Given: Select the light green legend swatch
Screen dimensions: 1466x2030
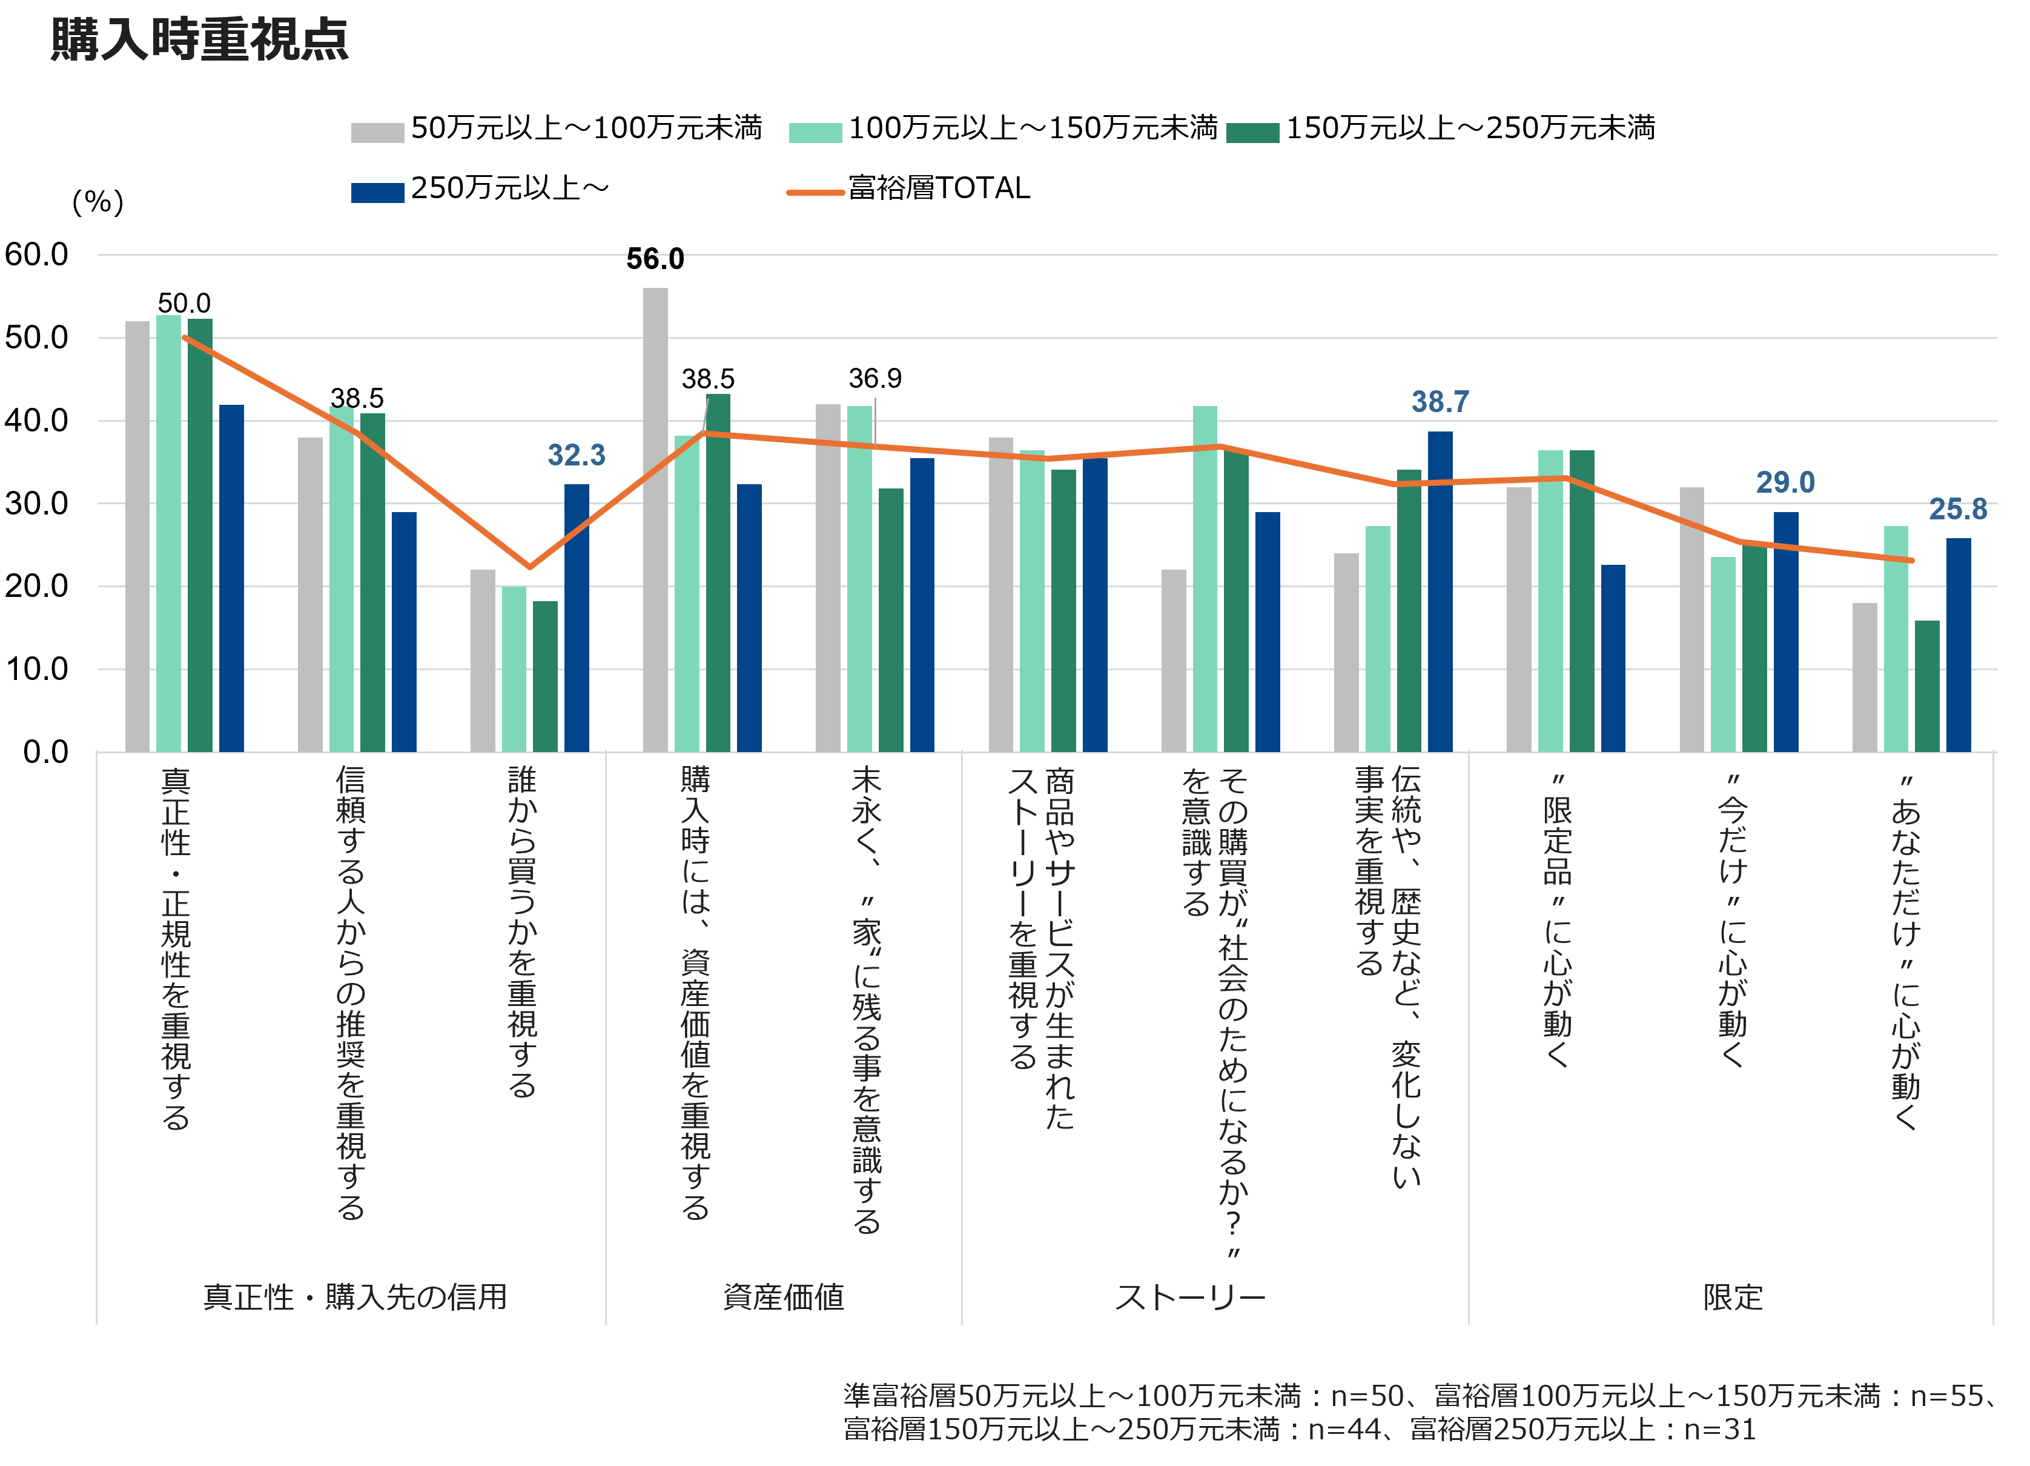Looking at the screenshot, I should [815, 133].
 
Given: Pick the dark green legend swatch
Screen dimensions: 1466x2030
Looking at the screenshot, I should [1252, 133].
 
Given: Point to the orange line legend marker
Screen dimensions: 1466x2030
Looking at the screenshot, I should [815, 193].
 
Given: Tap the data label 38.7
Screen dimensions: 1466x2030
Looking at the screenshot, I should [1440, 402].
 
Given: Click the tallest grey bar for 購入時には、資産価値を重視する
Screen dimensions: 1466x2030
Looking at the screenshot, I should [655, 519].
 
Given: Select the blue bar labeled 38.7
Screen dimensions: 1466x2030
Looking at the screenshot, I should [1440, 591].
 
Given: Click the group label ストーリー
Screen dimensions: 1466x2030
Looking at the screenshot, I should [1191, 1297].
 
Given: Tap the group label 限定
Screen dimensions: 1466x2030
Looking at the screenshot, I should [1732, 1297].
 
